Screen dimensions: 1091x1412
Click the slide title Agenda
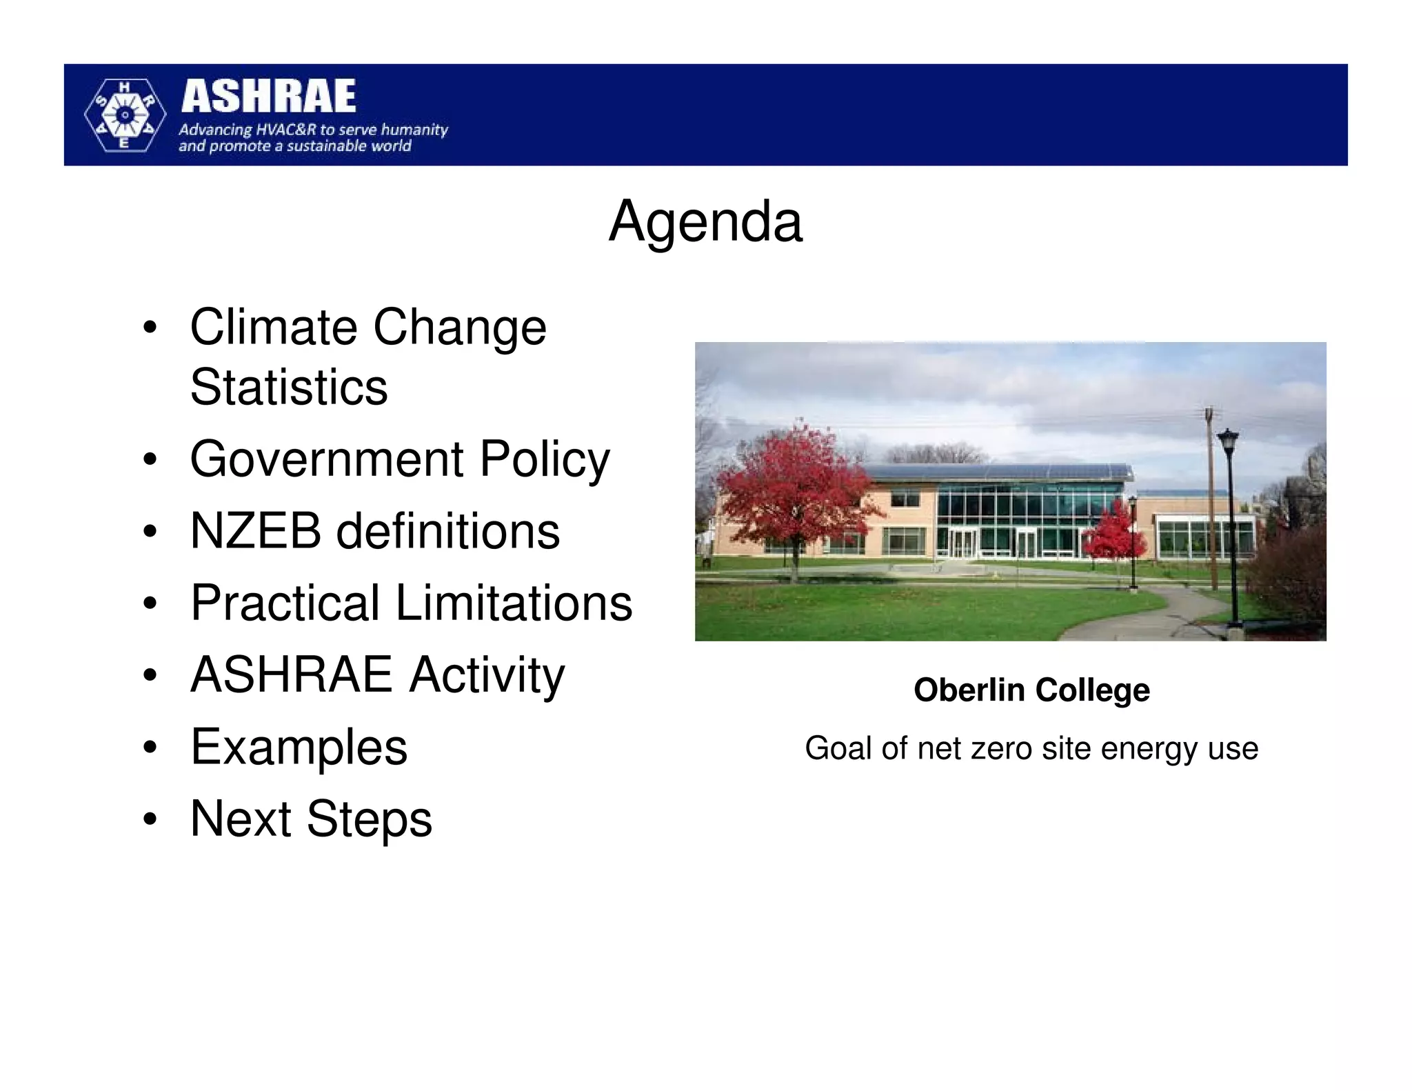705,222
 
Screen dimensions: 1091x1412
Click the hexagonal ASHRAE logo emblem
125,115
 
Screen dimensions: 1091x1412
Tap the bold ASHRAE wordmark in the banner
268,97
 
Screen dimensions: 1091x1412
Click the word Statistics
289,387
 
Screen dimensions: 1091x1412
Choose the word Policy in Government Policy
544,460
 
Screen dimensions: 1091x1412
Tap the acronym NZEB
255,532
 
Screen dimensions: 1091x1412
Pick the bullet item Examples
299,747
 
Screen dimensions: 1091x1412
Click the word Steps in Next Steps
369,819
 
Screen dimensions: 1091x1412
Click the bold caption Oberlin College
1031,690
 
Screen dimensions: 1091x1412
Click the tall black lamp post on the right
1230,524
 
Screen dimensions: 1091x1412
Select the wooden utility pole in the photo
1211,497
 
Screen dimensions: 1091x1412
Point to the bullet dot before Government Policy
150,461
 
